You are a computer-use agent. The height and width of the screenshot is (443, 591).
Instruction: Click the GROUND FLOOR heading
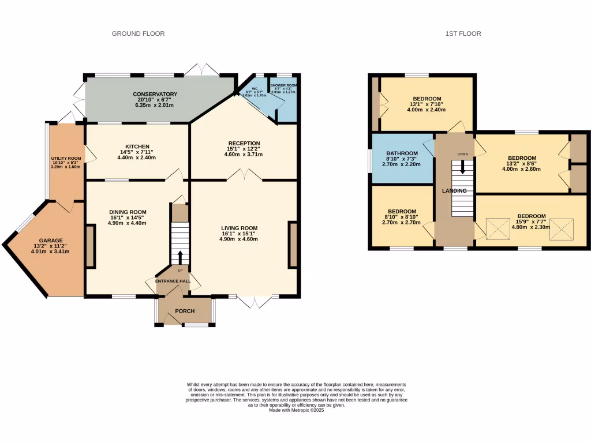click(138, 33)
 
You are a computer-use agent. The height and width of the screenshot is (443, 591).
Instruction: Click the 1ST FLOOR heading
click(463, 33)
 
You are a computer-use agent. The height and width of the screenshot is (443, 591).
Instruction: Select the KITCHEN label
click(137, 147)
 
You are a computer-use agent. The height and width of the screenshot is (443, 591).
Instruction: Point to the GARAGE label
click(51, 241)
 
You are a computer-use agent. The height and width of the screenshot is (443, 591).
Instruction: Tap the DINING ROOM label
click(127, 212)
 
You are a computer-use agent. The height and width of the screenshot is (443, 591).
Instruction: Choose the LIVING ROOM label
click(239, 228)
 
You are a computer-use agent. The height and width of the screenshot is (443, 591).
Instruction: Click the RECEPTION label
click(244, 144)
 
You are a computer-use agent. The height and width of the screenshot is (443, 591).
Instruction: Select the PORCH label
click(185, 311)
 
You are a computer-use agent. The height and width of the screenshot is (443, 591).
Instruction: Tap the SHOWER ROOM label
click(283, 85)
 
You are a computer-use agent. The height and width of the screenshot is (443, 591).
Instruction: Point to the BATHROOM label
click(402, 153)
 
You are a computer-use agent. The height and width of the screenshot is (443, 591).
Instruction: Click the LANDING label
click(454, 191)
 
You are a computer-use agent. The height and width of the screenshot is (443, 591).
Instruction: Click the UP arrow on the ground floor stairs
click(179, 257)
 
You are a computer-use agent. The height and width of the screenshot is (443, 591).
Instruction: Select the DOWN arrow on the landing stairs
click(462, 168)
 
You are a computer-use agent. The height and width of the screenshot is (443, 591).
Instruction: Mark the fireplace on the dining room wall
click(90, 246)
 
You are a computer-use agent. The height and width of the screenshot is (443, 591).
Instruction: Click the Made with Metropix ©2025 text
click(296, 410)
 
